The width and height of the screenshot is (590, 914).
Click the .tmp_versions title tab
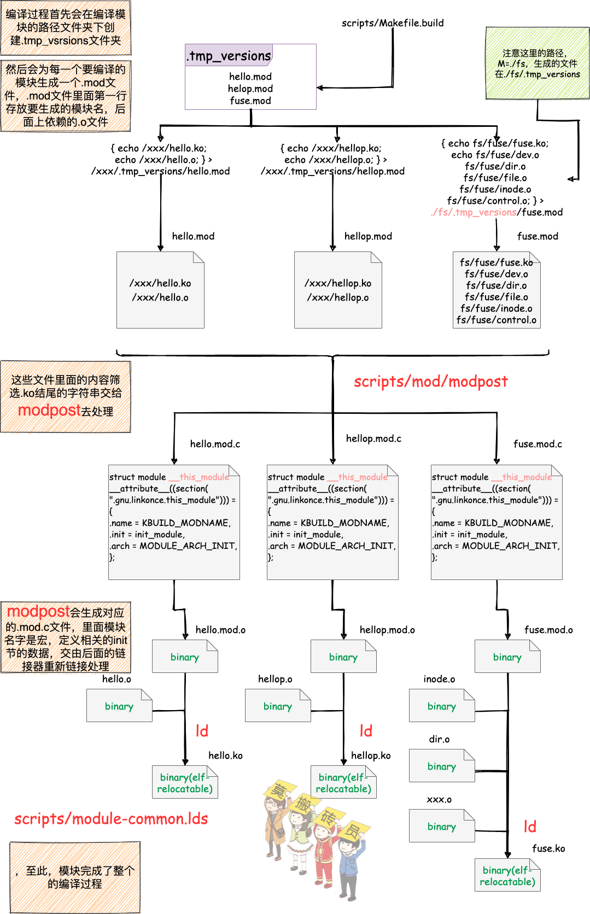[229, 55]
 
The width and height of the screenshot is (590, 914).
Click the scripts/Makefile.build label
[393, 23]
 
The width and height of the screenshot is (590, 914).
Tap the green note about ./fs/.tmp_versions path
[538, 63]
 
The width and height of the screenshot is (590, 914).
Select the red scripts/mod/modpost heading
[430, 381]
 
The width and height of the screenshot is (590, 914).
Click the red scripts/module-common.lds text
[111, 818]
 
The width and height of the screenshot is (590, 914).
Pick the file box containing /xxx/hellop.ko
[338, 290]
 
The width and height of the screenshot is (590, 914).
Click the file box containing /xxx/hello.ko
[160, 290]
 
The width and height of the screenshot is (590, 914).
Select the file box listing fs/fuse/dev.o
[496, 290]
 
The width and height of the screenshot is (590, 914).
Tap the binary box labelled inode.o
[442, 706]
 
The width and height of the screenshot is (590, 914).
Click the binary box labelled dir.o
[442, 766]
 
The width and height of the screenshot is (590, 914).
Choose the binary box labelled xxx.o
[442, 826]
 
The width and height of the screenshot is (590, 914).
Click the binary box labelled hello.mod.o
[185, 657]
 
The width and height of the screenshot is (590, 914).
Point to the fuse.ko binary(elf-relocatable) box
[507, 875]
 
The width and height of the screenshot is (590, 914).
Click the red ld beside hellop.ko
[366, 731]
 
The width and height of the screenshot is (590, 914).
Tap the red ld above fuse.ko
[530, 827]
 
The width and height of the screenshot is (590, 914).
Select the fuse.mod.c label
[538, 444]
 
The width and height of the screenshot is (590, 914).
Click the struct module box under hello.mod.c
[174, 522]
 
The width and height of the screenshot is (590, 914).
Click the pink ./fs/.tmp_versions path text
[474, 212]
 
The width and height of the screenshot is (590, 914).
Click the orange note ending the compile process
[75, 877]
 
